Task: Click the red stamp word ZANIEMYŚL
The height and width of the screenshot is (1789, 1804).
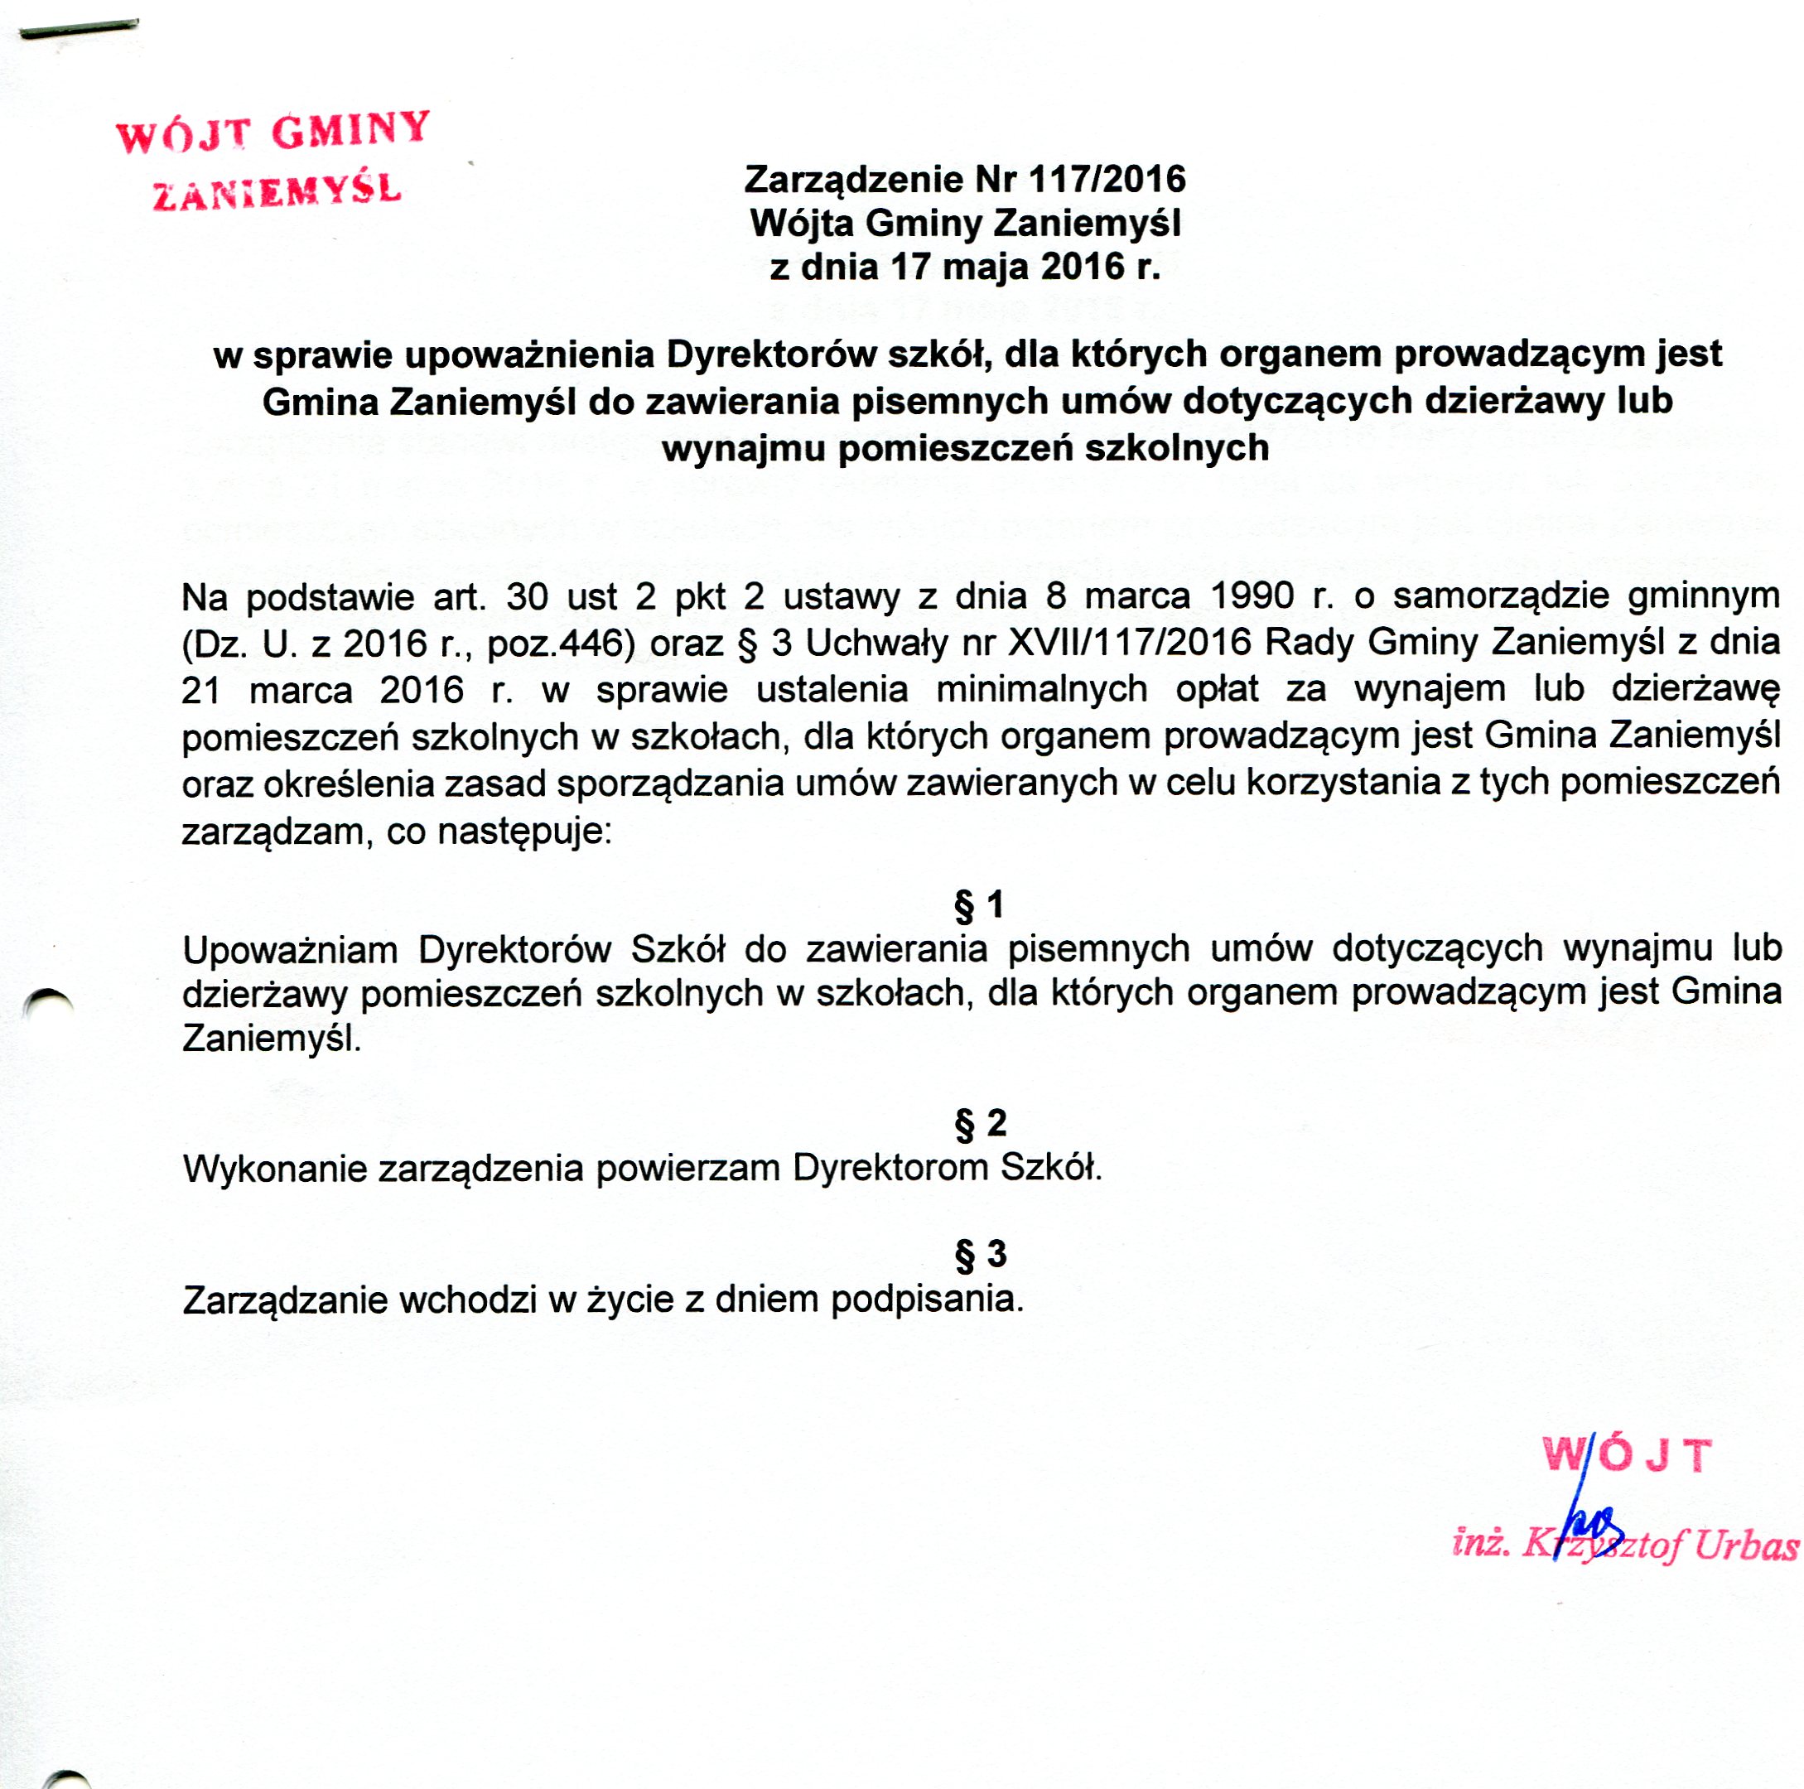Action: (277, 191)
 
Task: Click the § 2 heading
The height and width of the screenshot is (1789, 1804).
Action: (981, 1123)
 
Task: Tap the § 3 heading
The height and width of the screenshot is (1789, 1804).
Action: (981, 1254)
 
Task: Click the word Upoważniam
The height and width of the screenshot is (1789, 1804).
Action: (291, 951)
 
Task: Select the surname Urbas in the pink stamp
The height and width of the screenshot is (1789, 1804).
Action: (1746, 1546)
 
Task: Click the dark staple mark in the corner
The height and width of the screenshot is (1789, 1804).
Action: (80, 30)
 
